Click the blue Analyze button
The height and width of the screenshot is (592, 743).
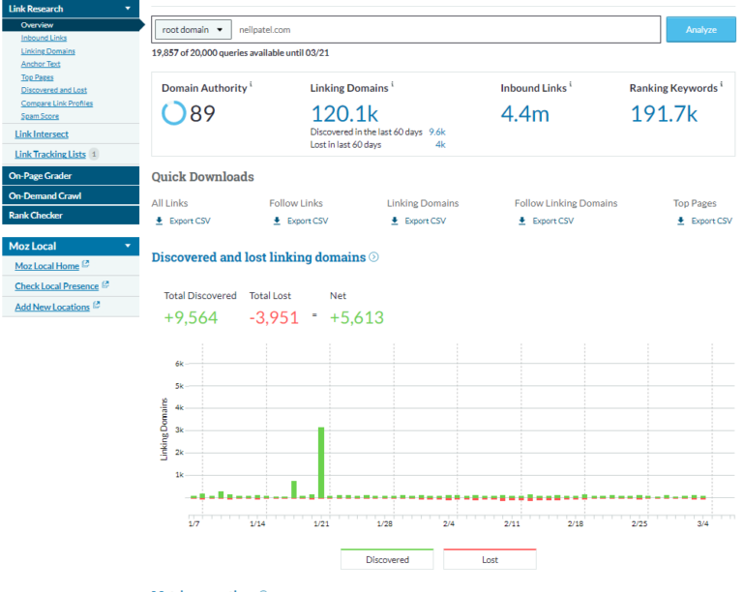click(x=700, y=30)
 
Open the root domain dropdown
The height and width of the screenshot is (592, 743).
click(x=193, y=30)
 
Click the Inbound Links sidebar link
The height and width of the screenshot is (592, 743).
click(x=44, y=38)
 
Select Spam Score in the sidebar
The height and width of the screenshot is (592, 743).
click(x=40, y=116)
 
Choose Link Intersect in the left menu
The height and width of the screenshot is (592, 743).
click(x=42, y=134)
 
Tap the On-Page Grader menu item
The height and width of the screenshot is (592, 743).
click(x=41, y=176)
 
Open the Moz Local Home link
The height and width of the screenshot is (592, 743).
click(x=46, y=266)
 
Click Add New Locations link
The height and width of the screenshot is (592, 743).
click(x=52, y=307)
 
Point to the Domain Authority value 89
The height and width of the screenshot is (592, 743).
click(x=202, y=114)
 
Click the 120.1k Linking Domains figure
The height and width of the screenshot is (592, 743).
click(x=344, y=114)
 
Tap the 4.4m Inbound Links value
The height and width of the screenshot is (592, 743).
click(x=524, y=114)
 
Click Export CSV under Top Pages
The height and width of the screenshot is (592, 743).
click(x=711, y=221)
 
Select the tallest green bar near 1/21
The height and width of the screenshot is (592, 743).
click(x=321, y=462)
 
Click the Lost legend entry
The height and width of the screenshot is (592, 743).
click(x=490, y=559)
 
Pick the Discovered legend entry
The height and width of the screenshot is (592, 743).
click(x=387, y=559)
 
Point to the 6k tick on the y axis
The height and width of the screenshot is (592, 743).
click(x=179, y=364)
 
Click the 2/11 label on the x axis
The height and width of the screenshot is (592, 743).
click(x=513, y=523)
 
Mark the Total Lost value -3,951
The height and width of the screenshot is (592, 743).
click(x=274, y=319)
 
